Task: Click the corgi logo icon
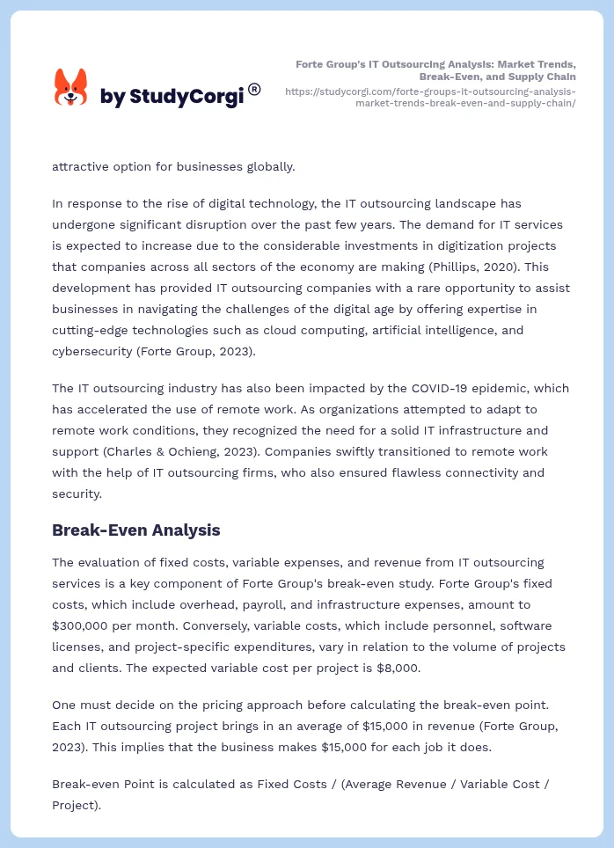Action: pyautogui.click(x=70, y=89)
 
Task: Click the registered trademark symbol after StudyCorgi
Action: pyautogui.click(x=254, y=89)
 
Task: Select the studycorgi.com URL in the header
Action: pyautogui.click(x=431, y=97)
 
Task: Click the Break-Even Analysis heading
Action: pyautogui.click(x=135, y=530)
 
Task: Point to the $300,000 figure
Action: pyautogui.click(x=84, y=625)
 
